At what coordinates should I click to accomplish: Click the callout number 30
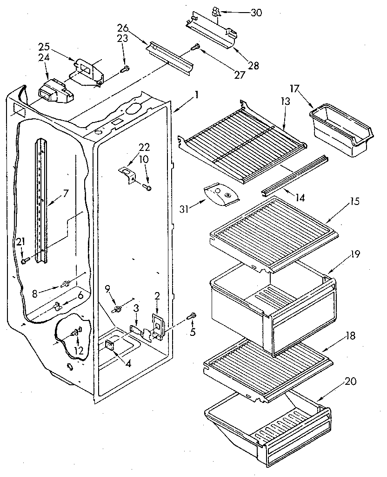coord(256,13)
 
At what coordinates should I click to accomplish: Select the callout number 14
coord(300,198)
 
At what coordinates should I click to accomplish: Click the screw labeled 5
coord(191,317)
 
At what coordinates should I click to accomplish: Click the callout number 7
coord(66,191)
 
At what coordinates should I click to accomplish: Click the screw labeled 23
coord(124,70)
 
